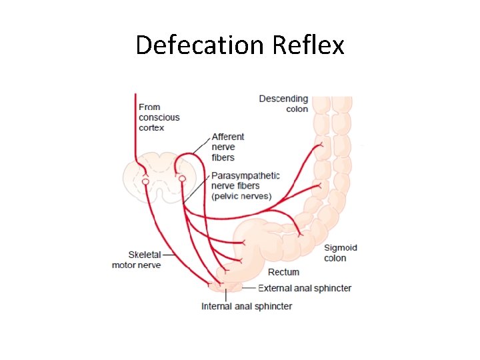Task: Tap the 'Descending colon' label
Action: coord(284,104)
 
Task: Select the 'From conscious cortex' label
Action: coord(159,117)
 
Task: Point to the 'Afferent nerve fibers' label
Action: coord(228,147)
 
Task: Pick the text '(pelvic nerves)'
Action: coord(241,197)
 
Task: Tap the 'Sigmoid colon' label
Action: coord(340,253)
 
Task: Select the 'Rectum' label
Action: coord(283,272)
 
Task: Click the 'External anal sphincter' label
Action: coord(305,288)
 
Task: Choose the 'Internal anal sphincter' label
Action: coord(247,307)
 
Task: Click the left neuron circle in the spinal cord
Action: coord(145,181)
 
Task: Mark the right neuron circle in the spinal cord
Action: coord(182,179)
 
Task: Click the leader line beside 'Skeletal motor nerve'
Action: coord(170,254)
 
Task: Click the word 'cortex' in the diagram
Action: coord(151,128)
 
